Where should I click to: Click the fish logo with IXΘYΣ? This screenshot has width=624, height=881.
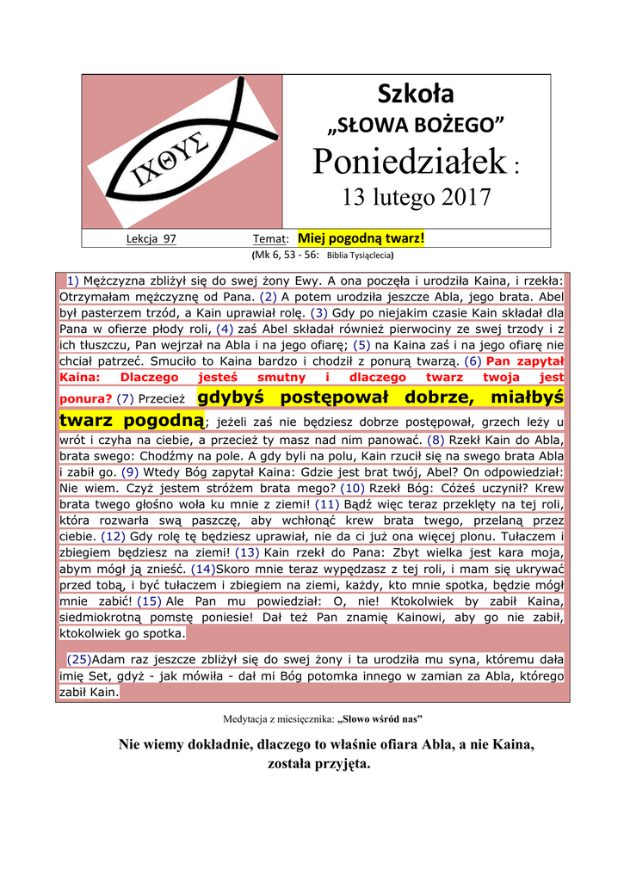pyautogui.click(x=182, y=151)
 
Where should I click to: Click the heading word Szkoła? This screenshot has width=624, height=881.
pyautogui.click(x=417, y=94)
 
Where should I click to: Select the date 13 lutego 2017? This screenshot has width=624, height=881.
pyautogui.click(x=417, y=198)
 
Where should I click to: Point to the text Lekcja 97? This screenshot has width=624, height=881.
pyautogui.click(x=151, y=239)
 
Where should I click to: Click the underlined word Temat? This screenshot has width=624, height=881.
pyautogui.click(x=269, y=239)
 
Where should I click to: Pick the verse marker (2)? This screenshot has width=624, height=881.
pyautogui.click(x=268, y=297)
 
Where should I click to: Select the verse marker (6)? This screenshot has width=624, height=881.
pyautogui.click(x=474, y=361)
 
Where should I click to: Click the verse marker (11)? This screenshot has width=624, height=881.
pyautogui.click(x=328, y=503)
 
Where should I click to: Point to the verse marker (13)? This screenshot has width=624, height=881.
pyautogui.click(x=247, y=552)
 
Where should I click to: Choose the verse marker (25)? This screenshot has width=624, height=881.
pyautogui.click(x=79, y=660)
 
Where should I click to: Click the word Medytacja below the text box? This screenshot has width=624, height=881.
pyautogui.click(x=245, y=718)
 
